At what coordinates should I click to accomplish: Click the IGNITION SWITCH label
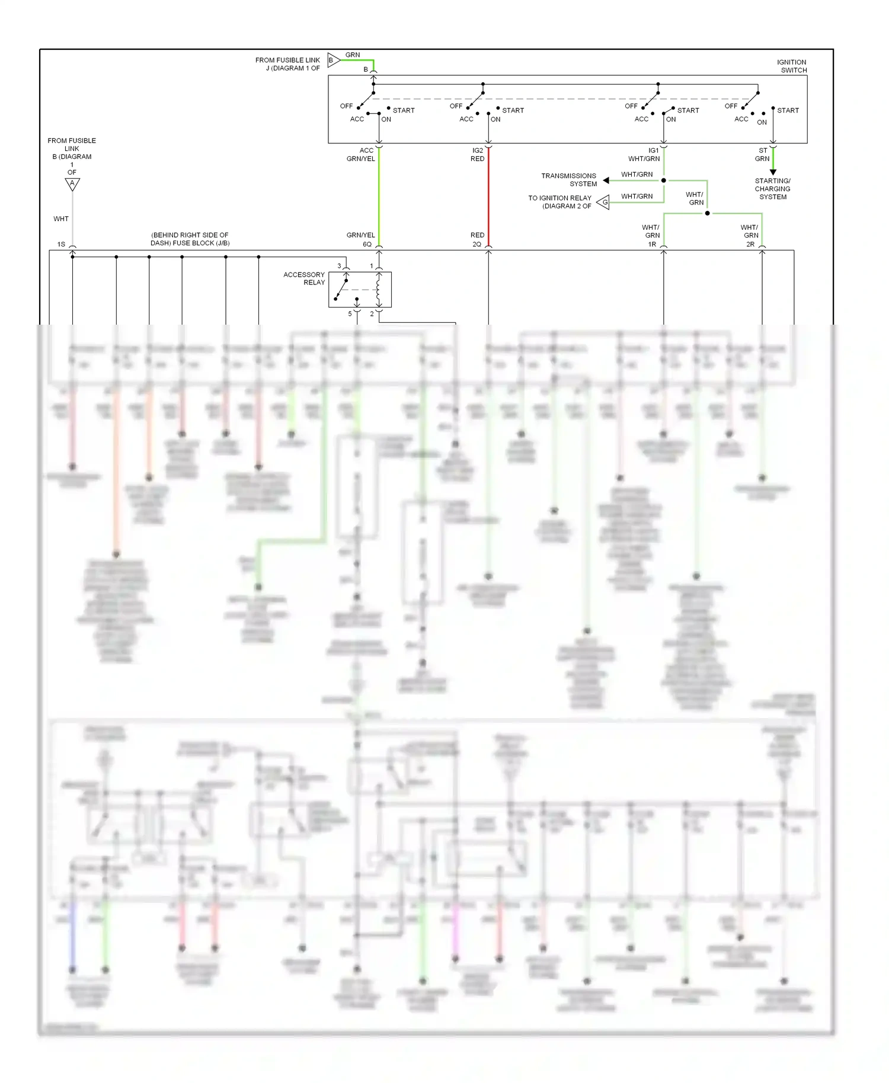pyautogui.click(x=791, y=66)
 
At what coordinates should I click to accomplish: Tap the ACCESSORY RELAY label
pyautogui.click(x=304, y=278)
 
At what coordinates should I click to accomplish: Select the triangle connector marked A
pyautogui.click(x=72, y=184)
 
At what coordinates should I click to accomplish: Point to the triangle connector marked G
pyautogui.click(x=603, y=203)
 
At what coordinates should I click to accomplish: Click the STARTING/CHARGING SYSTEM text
pyautogui.click(x=772, y=189)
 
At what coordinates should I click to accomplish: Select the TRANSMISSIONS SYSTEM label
pyautogui.click(x=568, y=180)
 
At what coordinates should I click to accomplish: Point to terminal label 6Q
pyautogui.click(x=367, y=244)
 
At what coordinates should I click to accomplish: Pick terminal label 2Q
pyautogui.click(x=477, y=244)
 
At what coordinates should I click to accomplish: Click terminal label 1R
pyautogui.click(x=652, y=244)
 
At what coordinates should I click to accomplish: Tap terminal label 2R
pyautogui.click(x=750, y=244)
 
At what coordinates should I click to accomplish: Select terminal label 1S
pyautogui.click(x=61, y=244)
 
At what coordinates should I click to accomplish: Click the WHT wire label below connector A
pyautogui.click(x=61, y=219)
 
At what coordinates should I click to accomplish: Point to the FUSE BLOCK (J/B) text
pyautogui.click(x=190, y=239)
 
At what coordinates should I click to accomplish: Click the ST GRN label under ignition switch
pyautogui.click(x=762, y=155)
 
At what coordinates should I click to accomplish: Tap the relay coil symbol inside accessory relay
pyautogui.click(x=378, y=290)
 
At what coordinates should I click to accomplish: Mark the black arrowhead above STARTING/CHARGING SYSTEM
pyautogui.click(x=773, y=172)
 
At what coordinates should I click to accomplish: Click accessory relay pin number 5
pyautogui.click(x=350, y=313)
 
